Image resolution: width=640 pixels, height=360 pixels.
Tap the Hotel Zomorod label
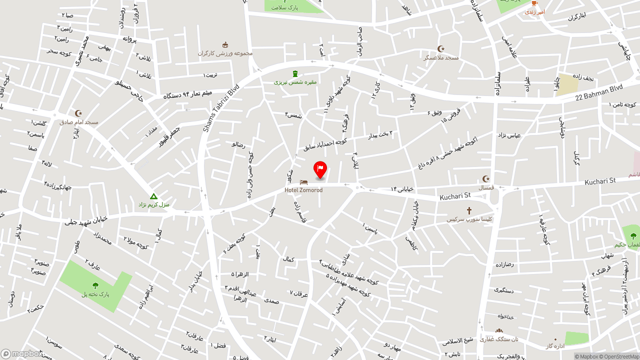303,190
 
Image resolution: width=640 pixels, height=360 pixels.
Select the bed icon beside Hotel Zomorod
303,182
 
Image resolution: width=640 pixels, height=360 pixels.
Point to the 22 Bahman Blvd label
598,91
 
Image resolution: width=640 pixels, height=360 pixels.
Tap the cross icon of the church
469,211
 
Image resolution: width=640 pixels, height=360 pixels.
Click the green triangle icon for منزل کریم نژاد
154,196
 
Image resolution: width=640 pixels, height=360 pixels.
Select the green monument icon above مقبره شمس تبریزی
294,74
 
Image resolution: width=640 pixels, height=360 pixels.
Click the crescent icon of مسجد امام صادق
78,113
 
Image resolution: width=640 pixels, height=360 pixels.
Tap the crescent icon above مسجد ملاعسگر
441,49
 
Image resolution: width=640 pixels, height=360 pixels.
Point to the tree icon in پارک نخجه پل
95,285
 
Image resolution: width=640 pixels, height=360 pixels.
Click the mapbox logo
22,354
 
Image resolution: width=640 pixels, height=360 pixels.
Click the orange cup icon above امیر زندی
534,3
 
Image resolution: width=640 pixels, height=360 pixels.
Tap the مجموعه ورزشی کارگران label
225,53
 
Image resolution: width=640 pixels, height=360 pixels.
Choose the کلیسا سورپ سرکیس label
469,219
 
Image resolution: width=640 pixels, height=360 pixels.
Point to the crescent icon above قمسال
486,179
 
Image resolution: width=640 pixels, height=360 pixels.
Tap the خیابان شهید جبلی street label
86,220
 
